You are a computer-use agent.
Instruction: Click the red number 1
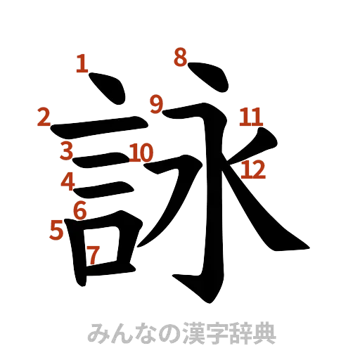click(82, 65)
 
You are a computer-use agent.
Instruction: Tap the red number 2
click(44, 117)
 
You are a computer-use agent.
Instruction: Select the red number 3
click(65, 150)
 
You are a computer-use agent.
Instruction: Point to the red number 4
click(67, 181)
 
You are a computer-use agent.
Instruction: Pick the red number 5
click(57, 230)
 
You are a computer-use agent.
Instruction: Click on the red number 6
click(80, 209)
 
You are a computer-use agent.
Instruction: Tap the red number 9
click(155, 105)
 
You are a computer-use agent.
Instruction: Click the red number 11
click(250, 117)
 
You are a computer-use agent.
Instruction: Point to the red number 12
click(253, 168)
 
